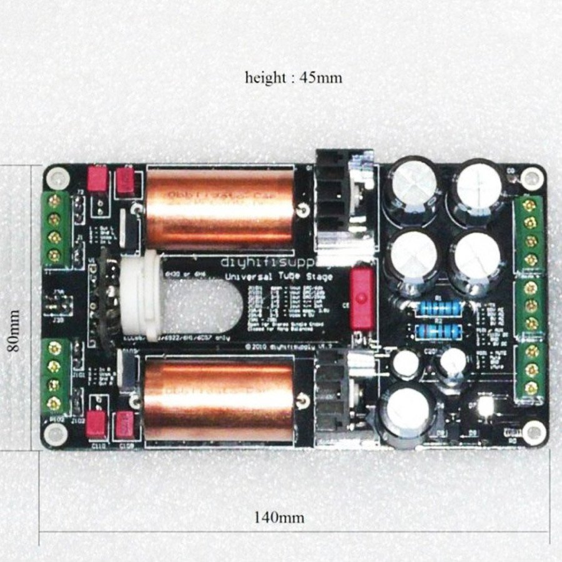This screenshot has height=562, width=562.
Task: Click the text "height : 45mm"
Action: point(293,79)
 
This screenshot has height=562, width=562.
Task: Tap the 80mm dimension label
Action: point(14,330)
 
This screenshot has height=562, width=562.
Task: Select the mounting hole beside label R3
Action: point(533,430)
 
